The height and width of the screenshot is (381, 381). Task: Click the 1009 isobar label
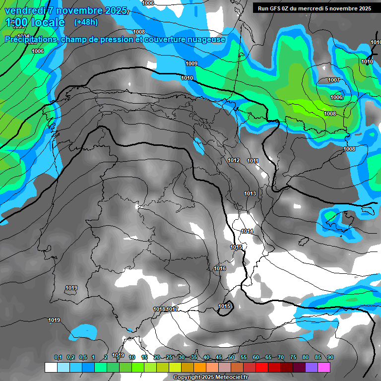click(191, 63)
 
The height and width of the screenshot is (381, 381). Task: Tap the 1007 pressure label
click(334, 80)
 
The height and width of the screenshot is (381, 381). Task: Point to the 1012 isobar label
click(234, 160)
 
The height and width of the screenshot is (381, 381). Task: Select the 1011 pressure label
click(253, 161)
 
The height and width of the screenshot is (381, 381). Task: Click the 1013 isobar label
click(250, 193)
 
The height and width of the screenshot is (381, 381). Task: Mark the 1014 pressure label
click(247, 232)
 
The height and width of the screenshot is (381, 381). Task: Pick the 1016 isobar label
click(220, 268)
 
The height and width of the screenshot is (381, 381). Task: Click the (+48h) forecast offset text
click(86, 22)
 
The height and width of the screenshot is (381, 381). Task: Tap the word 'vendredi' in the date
click(26, 10)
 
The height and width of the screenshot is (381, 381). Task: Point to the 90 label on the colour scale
click(330, 357)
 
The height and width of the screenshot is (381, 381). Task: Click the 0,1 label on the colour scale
click(58, 357)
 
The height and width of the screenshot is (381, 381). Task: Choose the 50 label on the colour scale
click(231, 357)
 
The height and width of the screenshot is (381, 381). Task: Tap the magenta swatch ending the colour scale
click(324, 367)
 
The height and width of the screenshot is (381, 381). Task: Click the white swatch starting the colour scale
click(51, 367)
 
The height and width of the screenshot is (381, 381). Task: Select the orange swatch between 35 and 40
click(200, 367)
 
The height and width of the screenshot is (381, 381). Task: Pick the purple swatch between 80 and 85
click(312, 367)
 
